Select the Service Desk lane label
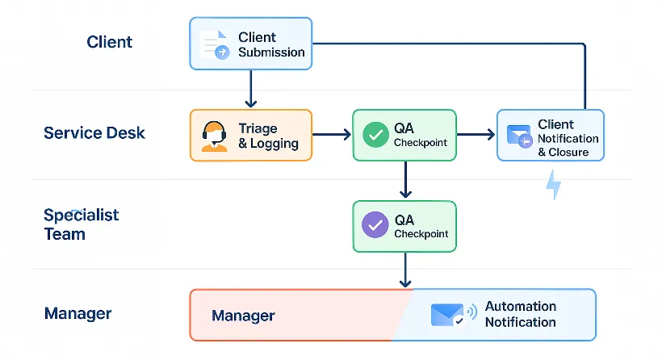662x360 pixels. click(94, 132)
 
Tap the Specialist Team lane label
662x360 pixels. click(81, 224)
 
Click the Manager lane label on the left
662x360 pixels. click(78, 314)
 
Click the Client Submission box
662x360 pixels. click(250, 44)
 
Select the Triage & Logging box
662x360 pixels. click(250, 135)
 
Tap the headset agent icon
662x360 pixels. click(214, 136)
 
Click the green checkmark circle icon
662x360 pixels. click(375, 135)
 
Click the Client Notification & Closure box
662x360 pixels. click(550, 135)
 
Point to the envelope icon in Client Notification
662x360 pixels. click(518, 136)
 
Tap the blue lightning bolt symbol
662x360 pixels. click(554, 186)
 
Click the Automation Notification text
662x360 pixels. click(520, 314)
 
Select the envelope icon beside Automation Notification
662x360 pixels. click(448, 315)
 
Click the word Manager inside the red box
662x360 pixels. click(243, 316)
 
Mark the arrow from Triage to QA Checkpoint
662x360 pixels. click(332, 135)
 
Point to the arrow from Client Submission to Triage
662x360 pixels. click(250, 89)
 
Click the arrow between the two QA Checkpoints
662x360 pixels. click(405, 180)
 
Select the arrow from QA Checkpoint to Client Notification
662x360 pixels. click(476, 135)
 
